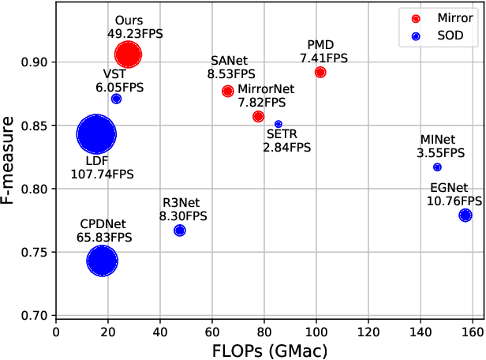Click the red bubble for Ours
[128, 54]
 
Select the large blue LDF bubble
[96, 134]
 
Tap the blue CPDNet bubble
[102, 261]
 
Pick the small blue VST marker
[116, 99]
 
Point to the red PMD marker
[320, 72]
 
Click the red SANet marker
[228, 91]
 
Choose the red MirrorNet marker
[258, 116]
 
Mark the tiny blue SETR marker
[279, 124]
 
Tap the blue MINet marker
[437, 167]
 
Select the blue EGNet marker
[465, 215]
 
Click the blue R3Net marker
[180, 231]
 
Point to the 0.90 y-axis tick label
[36, 62]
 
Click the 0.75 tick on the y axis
[36, 252]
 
